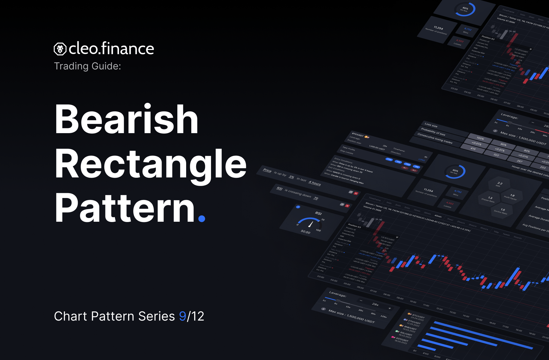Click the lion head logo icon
point(60,49)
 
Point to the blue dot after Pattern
point(202,219)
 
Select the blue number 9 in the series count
point(182,316)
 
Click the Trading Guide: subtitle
point(87,66)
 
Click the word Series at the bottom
point(156,316)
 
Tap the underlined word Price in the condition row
point(267,171)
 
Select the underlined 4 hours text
point(315,183)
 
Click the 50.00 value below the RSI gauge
point(305,232)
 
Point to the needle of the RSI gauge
point(311,224)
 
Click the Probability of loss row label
point(433,132)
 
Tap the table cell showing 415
point(473,149)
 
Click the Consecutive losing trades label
point(435,139)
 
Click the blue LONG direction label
point(421,160)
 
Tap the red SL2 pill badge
point(414,170)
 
